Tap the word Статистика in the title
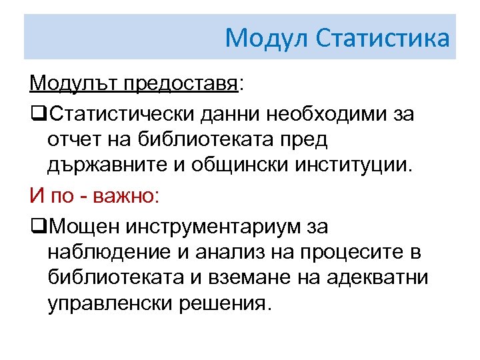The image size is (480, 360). tap(383, 38)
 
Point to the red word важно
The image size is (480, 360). tap(127, 197)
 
